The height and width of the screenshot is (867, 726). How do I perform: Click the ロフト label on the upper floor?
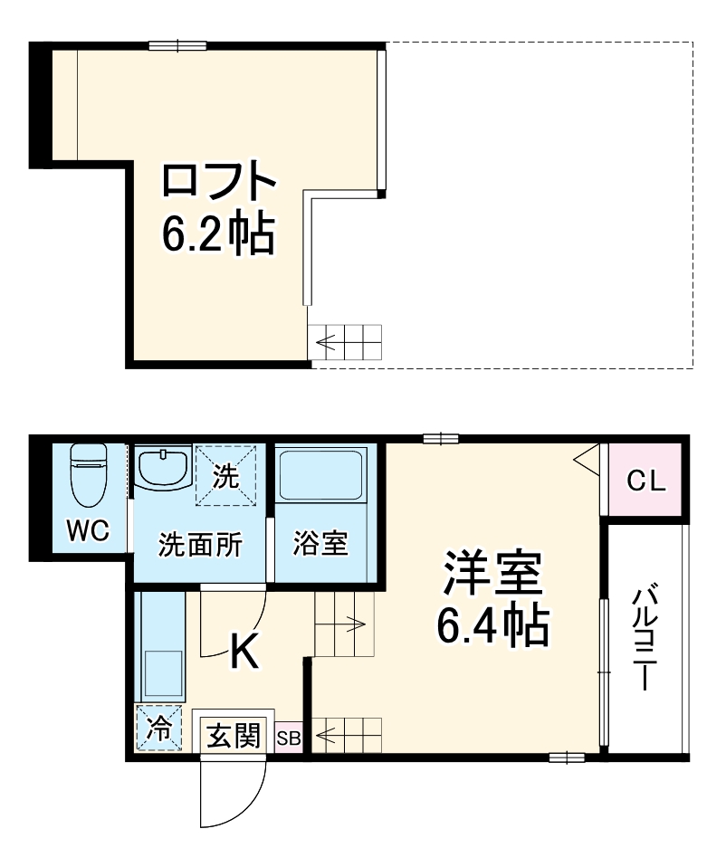[218, 181]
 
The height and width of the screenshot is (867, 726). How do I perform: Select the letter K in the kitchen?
[244, 651]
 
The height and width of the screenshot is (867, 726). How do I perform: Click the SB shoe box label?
[289, 738]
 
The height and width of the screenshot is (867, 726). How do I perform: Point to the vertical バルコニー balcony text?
[645, 637]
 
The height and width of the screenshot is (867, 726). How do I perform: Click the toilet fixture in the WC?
[89, 478]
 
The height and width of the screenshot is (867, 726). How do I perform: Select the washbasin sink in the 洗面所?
[164, 468]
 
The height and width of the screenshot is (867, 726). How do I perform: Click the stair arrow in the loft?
[329, 343]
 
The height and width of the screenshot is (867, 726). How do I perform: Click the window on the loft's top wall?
[177, 45]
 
